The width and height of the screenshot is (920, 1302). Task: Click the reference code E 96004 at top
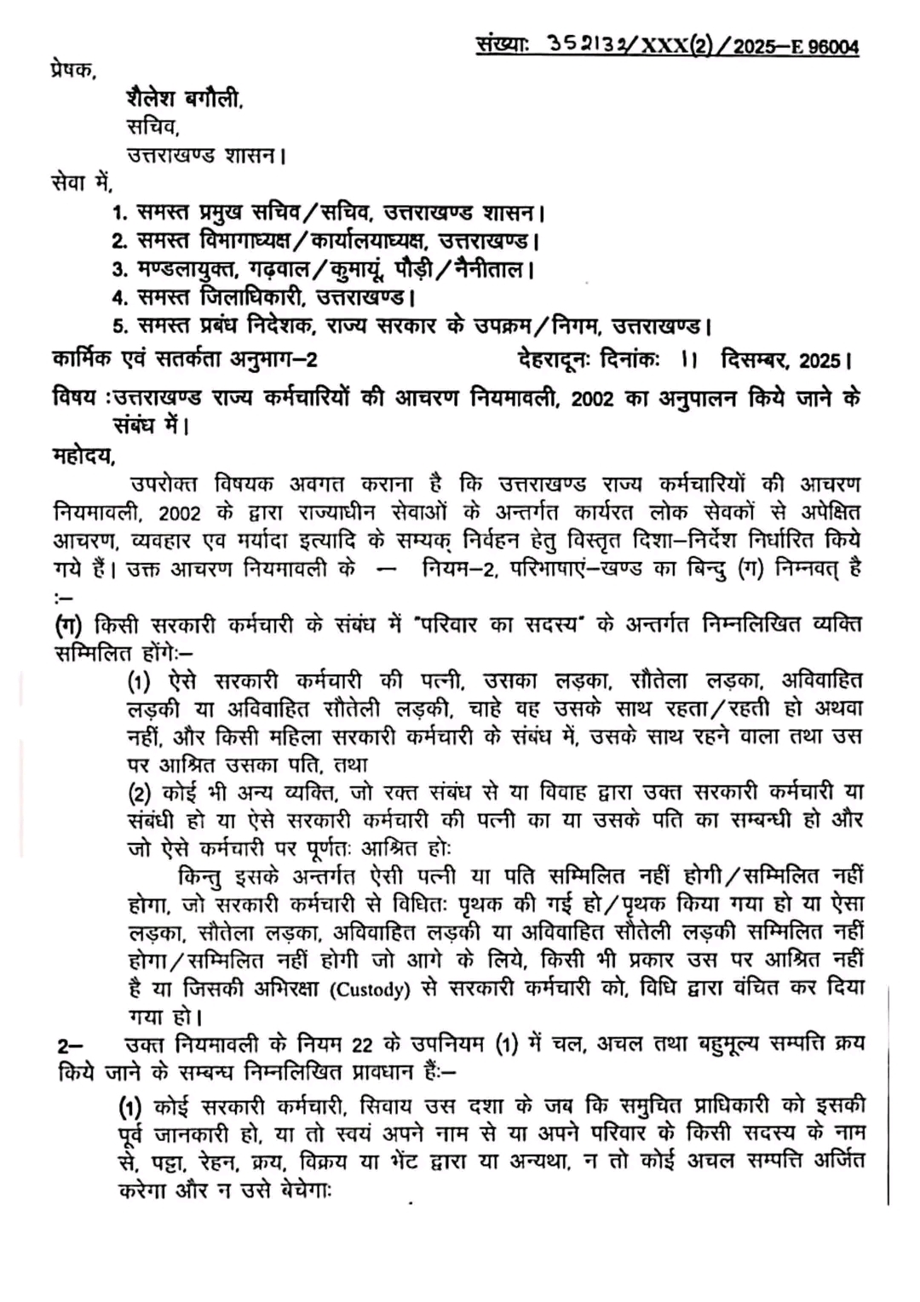pyautogui.click(x=823, y=47)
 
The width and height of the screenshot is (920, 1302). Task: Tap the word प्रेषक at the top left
pyautogui.click(x=73, y=71)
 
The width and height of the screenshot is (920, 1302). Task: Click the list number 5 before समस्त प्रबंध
pyautogui.click(x=119, y=326)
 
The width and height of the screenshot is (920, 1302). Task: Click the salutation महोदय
pyautogui.click(x=83, y=456)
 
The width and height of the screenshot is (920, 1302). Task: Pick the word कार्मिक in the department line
pyautogui.click(x=82, y=360)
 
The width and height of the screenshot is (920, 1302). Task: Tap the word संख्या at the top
pyautogui.click(x=503, y=45)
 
